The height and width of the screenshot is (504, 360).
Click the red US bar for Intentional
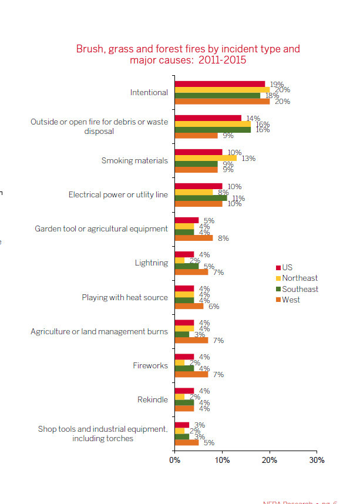[x=220, y=84]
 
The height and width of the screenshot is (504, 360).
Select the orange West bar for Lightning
[x=191, y=272]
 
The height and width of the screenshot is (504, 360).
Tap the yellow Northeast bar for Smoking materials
[x=206, y=158]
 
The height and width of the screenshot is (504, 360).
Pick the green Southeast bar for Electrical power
[x=201, y=198]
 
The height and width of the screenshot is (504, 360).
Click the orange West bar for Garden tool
[x=194, y=238]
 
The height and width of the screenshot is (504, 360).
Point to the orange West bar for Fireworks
[x=191, y=374]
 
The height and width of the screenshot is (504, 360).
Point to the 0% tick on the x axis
[x=174, y=460]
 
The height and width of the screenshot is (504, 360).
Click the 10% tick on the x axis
[x=222, y=460]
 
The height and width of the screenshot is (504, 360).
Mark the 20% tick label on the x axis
[x=270, y=460]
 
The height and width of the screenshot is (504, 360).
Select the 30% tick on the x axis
[x=317, y=460]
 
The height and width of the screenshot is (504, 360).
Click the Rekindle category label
[x=152, y=400]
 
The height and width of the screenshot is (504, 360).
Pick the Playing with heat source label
[x=125, y=298]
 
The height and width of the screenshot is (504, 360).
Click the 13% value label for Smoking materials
[x=248, y=158]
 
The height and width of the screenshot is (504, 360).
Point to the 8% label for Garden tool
[x=223, y=238]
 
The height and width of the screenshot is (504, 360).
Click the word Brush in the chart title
[x=89, y=49]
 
